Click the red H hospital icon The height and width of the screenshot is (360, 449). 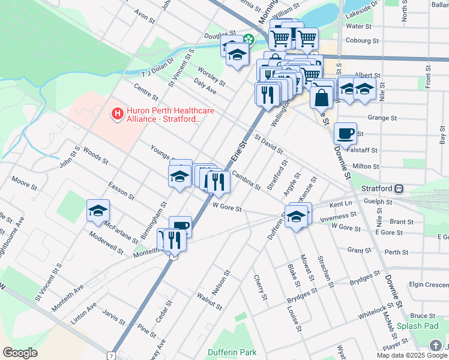coord(117,112)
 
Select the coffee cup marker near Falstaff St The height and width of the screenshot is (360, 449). coord(345,133)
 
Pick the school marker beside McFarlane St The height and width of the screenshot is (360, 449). coord(98,211)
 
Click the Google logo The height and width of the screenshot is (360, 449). coord(20,353)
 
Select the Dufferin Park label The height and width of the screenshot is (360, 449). coord(232,352)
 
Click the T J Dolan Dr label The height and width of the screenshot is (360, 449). coord(157,66)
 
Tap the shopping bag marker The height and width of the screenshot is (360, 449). coord(322,95)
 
